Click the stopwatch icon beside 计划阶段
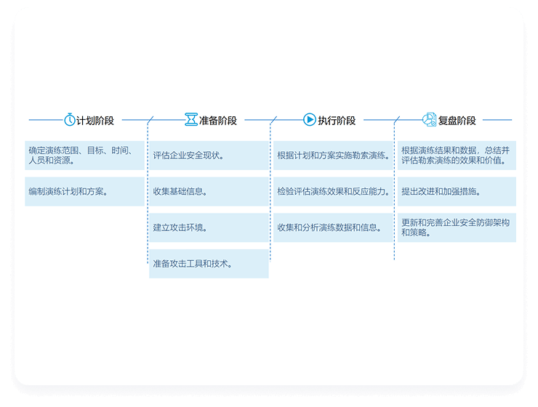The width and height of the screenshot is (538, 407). pos(70,120)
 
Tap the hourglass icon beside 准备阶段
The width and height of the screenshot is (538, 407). pos(190,120)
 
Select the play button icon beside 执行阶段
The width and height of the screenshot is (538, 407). pos(310,120)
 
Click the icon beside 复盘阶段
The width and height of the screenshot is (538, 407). pos(429,120)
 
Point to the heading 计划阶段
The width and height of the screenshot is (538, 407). pos(95,121)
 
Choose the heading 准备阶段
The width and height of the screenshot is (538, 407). pos(218,121)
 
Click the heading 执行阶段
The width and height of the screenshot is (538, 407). pos(337,121)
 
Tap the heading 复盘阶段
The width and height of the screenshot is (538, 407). pos(457,121)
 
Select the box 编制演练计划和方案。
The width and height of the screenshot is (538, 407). pos(84,192)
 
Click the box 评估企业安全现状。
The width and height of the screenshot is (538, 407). pos(209,156)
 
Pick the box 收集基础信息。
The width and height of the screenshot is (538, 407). pos(209,192)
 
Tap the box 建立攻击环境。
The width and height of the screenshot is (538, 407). pos(209,227)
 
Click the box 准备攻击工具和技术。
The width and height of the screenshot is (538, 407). pos(209,264)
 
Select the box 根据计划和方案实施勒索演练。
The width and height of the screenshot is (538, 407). pos(333,156)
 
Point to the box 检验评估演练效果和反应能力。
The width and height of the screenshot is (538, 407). pos(333,192)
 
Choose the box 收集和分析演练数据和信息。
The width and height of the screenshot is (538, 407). pos(333,227)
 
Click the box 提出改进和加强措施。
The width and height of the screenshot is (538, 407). pos(457,192)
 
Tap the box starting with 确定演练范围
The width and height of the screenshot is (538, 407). pos(84,156)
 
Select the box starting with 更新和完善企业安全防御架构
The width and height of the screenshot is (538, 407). pos(457,227)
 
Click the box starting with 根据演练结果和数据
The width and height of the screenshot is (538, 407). pos(457,156)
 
